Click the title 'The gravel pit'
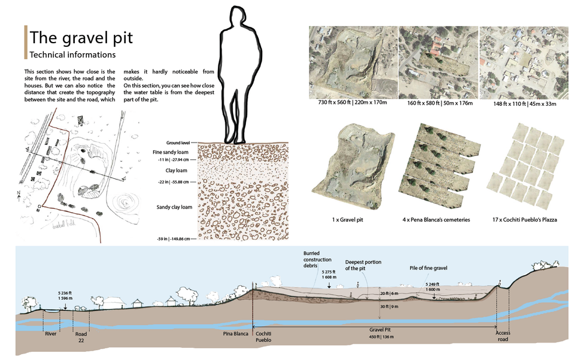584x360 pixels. pyautogui.click(x=81, y=38)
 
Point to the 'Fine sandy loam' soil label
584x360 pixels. pyautogui.click(x=170, y=153)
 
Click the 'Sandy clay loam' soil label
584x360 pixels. pyautogui.click(x=174, y=207)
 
